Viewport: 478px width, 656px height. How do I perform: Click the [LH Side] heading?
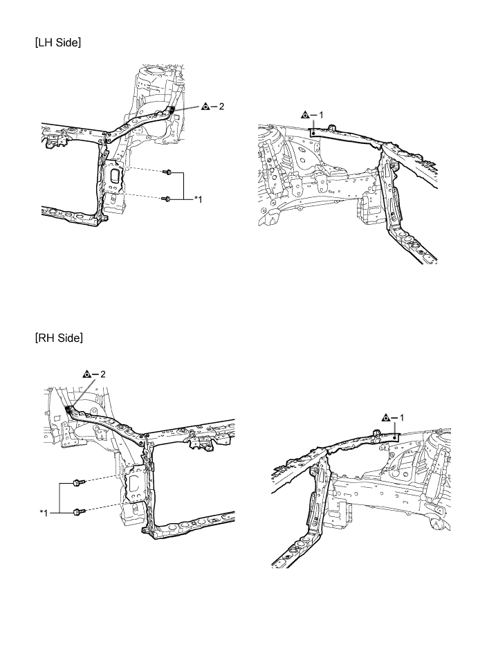tap(58, 42)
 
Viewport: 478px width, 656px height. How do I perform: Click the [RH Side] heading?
tap(59, 338)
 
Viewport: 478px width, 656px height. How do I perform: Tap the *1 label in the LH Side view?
tap(198, 199)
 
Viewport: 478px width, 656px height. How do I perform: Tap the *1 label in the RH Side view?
tap(44, 513)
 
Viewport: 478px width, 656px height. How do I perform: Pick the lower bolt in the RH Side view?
tap(79, 511)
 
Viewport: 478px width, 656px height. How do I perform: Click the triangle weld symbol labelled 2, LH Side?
tap(205, 107)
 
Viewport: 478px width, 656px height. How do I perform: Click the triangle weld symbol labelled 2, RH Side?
tap(87, 374)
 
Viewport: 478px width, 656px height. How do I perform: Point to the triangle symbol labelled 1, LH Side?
tap(306, 115)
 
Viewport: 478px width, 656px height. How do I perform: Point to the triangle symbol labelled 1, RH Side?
tap(387, 417)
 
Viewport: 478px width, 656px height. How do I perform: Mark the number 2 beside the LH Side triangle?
tap(221, 107)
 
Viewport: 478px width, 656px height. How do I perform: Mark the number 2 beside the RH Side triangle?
tap(103, 374)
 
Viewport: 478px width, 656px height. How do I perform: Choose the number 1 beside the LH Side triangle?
tap(321, 115)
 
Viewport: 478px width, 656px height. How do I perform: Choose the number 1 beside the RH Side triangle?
tap(402, 417)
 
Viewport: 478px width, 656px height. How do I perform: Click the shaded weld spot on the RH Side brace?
tap(68, 408)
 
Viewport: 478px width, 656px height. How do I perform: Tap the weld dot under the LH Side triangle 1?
tap(313, 134)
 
